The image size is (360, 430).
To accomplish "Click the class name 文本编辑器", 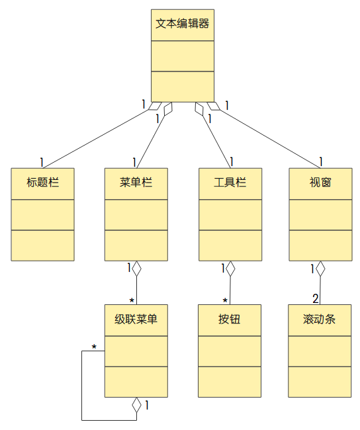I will pyautogui.click(x=183, y=24).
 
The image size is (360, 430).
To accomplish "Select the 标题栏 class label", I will pyautogui.click(x=43, y=183).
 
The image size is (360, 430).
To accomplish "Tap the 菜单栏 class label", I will pyautogui.click(x=136, y=183).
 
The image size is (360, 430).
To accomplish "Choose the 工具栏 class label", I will pyautogui.click(x=230, y=183).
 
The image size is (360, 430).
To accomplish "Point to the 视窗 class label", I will pyautogui.click(x=320, y=183).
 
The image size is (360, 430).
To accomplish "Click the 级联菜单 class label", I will pyautogui.click(x=136, y=320).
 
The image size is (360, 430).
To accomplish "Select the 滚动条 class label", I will pyautogui.click(x=320, y=320).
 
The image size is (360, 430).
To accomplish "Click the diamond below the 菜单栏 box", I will pyautogui.click(x=136, y=269).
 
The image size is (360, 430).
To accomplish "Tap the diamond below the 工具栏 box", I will pyautogui.click(x=230, y=269).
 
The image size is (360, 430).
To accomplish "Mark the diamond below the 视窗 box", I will pyautogui.click(x=320, y=269).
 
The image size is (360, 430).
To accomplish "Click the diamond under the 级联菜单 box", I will pyautogui.click(x=136, y=405).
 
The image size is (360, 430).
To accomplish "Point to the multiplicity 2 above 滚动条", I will pyautogui.click(x=316, y=298).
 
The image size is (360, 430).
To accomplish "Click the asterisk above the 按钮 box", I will pyautogui.click(x=225, y=301).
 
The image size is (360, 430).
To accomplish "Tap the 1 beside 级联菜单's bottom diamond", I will pyautogui.click(x=146, y=404).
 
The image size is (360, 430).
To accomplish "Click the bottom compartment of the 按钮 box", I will pyautogui.click(x=230, y=381).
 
